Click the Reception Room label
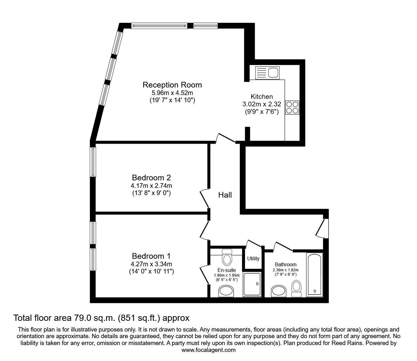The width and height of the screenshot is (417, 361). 172,85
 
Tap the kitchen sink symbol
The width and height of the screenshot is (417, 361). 267,73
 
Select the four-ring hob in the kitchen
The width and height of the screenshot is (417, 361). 292,108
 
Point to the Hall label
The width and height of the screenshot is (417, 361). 225,195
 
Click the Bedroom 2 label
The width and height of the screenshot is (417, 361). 151,178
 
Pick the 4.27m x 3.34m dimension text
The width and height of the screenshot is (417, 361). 151,264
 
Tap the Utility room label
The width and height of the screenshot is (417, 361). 253,259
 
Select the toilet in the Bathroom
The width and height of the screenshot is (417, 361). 296,289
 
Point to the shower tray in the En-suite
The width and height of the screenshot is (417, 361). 252,284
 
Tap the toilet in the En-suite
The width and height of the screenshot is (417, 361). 227,257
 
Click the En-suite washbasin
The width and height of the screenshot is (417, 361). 226,291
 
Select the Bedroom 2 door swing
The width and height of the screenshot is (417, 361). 204,199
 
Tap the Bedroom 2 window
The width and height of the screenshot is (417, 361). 93,162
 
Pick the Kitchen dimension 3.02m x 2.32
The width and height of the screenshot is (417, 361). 262,104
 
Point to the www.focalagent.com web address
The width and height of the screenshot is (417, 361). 208,350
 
